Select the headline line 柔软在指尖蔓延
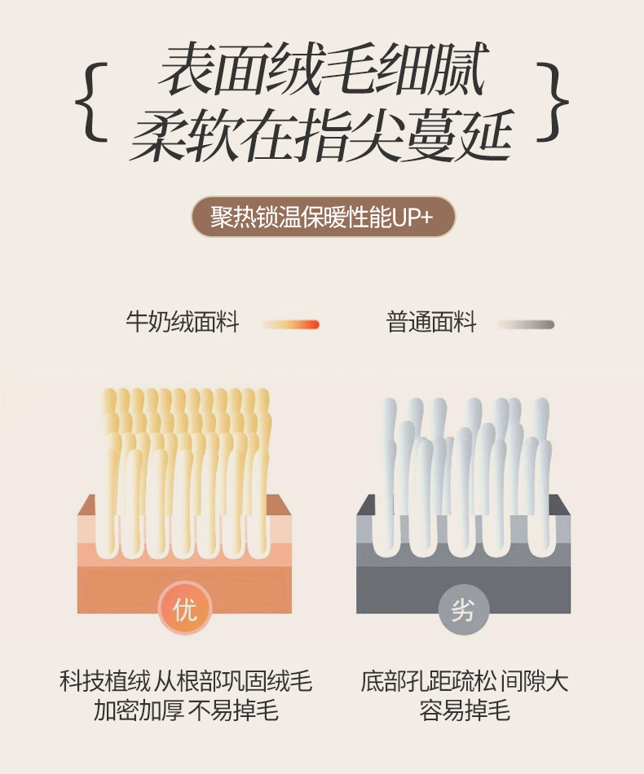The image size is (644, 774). [x=322, y=135]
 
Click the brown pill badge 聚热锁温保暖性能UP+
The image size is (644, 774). [x=323, y=217]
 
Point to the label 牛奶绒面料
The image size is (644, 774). [x=183, y=322]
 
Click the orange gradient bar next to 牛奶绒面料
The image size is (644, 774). [x=291, y=324]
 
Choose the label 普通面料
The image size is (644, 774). [x=431, y=322]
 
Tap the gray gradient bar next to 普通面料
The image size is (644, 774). [x=526, y=324]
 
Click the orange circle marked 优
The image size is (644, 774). [x=185, y=609]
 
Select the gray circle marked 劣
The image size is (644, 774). [x=463, y=609]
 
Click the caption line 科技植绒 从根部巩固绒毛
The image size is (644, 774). [x=186, y=681]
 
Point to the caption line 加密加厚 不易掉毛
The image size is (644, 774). [x=186, y=710]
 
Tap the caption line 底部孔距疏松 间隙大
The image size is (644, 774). [x=464, y=681]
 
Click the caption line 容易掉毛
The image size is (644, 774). [x=464, y=710]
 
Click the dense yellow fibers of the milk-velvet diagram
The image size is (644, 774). [x=185, y=469]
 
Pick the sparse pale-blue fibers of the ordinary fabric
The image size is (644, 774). [x=464, y=474]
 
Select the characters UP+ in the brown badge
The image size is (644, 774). [x=412, y=218]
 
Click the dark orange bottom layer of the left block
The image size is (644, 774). [x=185, y=589]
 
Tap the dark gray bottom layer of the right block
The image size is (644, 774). [x=463, y=589]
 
